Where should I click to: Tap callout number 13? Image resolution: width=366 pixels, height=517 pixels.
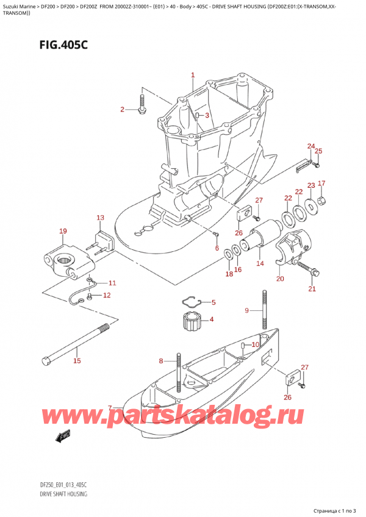(x=100, y=218)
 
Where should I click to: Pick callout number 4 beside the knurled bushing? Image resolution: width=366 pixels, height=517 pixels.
(x=212, y=319)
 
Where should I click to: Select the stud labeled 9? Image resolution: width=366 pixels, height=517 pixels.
(x=266, y=311)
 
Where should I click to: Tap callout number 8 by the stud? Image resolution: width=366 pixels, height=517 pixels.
(x=161, y=360)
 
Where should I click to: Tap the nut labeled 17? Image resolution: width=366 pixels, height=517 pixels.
(x=322, y=201)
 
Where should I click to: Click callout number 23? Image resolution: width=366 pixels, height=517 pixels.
(x=311, y=185)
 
